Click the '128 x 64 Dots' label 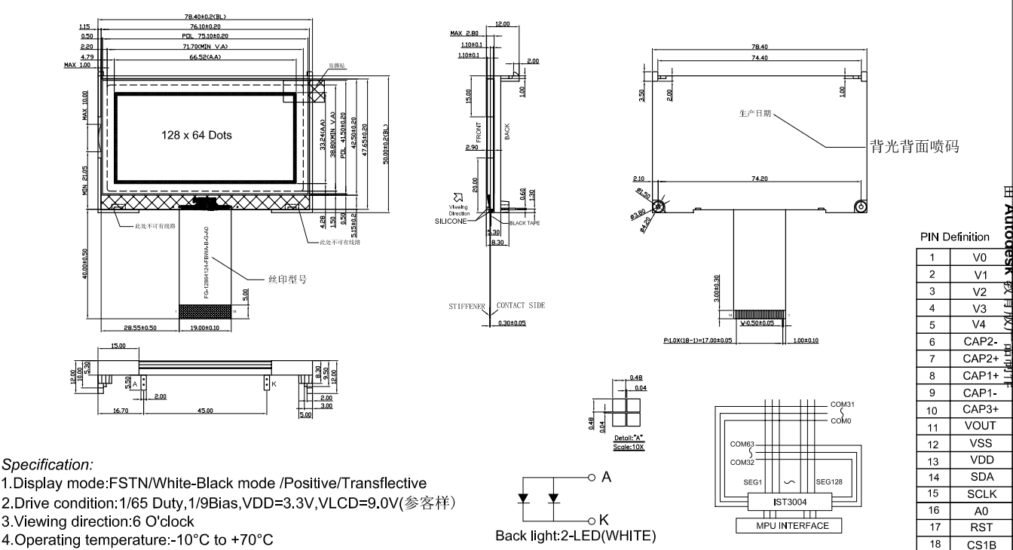coord(197,136)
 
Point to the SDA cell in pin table coord(980,477)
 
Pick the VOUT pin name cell coord(980,426)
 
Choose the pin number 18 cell coord(932,544)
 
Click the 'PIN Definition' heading coord(955,237)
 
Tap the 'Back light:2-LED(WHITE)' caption coord(575,536)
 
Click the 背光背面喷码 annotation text coord(914,147)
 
